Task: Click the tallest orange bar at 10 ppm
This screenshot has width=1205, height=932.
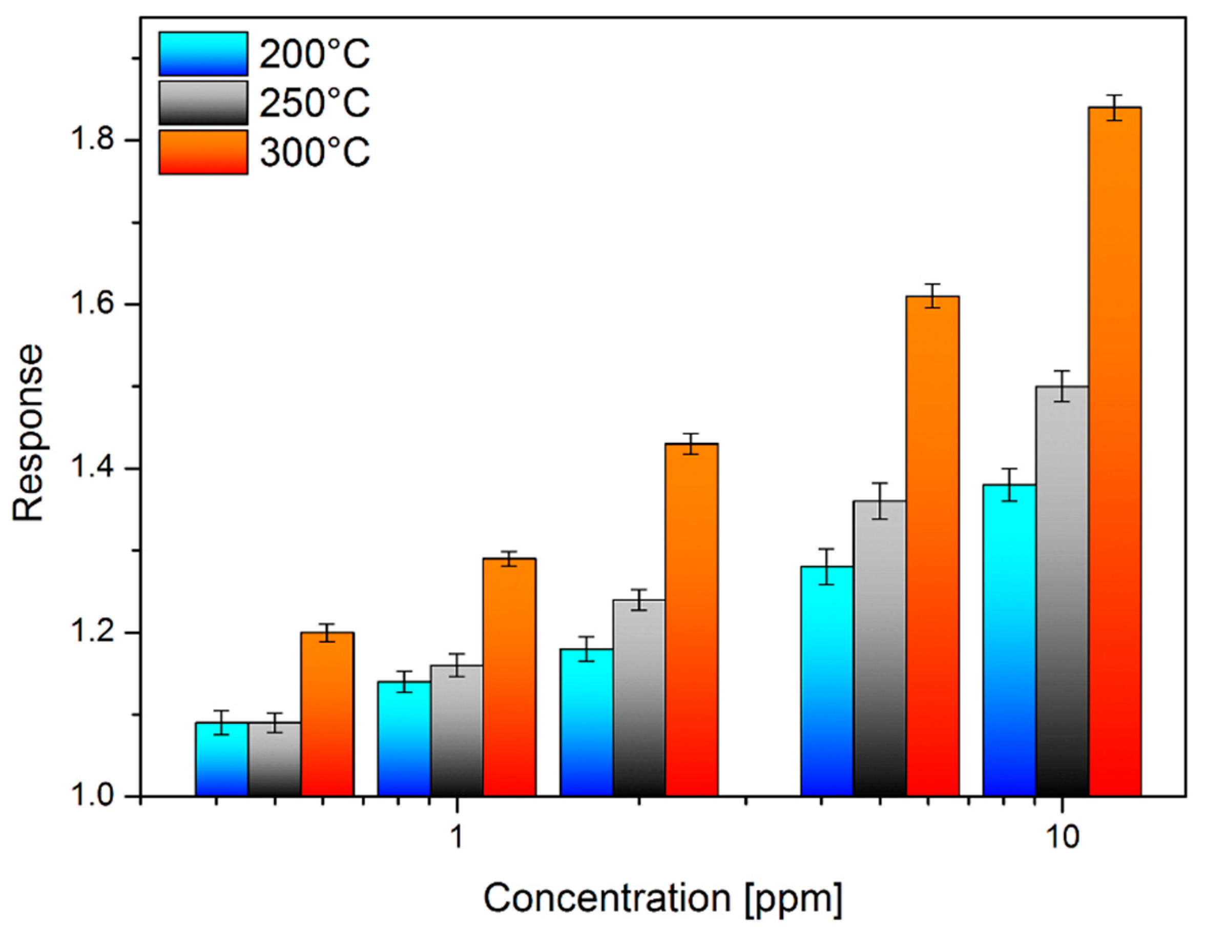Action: pyautogui.click(x=1114, y=453)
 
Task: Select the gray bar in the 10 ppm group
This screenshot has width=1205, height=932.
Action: pyautogui.click(x=1062, y=591)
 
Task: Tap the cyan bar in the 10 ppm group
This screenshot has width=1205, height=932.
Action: pyautogui.click(x=1009, y=640)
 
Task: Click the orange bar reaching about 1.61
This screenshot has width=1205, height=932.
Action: pyautogui.click(x=932, y=546)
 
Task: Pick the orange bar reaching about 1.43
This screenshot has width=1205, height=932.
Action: pyautogui.click(x=691, y=618)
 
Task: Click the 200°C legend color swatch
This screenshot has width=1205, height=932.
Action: pyautogui.click(x=203, y=53)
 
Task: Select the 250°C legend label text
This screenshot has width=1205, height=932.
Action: pyautogui.click(x=315, y=103)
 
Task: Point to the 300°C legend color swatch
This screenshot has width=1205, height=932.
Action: pyautogui.click(x=203, y=152)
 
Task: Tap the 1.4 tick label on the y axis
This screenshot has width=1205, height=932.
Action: pyautogui.click(x=88, y=469)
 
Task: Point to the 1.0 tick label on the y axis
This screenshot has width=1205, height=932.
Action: pyautogui.click(x=88, y=797)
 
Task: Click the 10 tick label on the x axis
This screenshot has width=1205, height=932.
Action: pyautogui.click(x=1062, y=838)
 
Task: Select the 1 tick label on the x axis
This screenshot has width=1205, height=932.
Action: pyautogui.click(x=456, y=838)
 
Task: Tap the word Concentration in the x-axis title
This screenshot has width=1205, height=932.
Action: pyautogui.click(x=607, y=898)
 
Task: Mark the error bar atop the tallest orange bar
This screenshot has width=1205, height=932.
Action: pyautogui.click(x=1114, y=108)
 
